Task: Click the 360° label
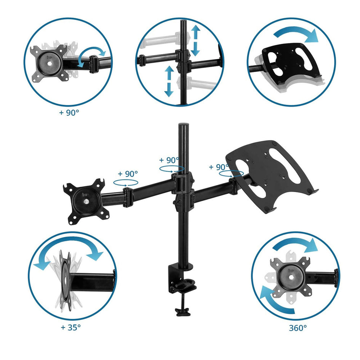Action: [298, 328]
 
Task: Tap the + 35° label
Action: [71, 327]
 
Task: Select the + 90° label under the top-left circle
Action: [69, 112]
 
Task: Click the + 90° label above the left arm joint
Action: [128, 174]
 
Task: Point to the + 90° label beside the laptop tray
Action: [219, 167]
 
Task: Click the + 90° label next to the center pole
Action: [169, 160]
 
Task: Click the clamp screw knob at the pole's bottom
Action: [182, 312]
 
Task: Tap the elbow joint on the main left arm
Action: [128, 197]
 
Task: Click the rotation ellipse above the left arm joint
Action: [126, 183]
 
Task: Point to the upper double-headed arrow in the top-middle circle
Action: [195, 40]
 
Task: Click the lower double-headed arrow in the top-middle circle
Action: [169, 81]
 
